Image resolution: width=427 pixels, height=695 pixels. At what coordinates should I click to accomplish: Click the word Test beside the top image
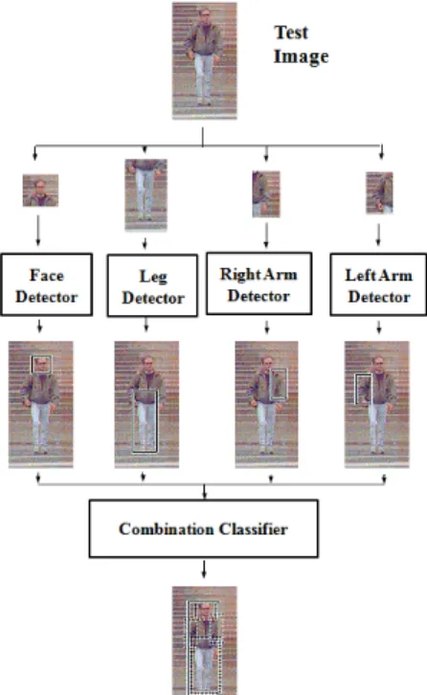(291, 33)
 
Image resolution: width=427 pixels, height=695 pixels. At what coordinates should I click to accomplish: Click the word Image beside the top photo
(301, 56)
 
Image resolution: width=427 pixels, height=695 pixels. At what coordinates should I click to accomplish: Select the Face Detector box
(47, 284)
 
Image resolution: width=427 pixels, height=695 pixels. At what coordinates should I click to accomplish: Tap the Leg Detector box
(152, 285)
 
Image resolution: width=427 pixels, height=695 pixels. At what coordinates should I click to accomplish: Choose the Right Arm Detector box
(258, 283)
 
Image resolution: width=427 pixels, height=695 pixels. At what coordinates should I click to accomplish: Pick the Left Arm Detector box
(378, 284)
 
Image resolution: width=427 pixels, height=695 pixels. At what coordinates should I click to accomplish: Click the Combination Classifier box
(204, 528)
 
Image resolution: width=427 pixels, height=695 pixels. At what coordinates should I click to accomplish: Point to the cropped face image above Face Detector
(40, 191)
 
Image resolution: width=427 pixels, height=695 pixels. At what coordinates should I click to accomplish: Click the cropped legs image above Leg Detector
(146, 195)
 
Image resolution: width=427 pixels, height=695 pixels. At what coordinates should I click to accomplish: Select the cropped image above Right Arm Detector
(266, 193)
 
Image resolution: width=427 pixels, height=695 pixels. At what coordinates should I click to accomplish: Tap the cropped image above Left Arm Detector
(379, 192)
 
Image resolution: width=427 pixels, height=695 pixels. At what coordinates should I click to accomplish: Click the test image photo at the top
(205, 60)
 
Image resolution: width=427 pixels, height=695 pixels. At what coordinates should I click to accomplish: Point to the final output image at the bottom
(205, 640)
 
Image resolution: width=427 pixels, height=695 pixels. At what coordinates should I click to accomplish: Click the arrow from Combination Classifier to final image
(204, 570)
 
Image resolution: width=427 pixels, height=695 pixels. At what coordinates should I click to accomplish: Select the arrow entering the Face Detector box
(37, 231)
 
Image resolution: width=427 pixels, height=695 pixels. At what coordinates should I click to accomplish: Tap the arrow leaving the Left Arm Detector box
(379, 327)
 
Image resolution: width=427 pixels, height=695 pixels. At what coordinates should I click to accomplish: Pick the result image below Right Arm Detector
(266, 404)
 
